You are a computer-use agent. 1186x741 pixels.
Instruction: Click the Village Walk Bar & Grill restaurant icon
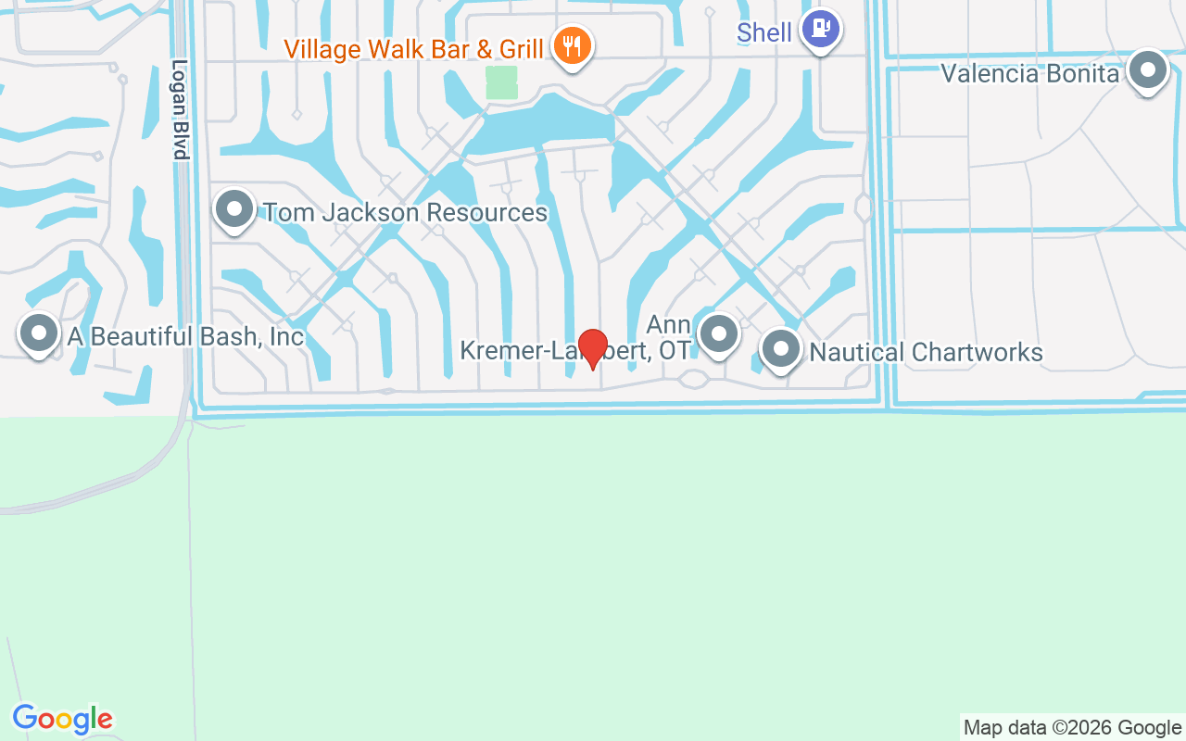573,44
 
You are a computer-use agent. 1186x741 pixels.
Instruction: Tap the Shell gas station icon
820,29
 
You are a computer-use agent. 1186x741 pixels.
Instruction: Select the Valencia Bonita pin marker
1148,69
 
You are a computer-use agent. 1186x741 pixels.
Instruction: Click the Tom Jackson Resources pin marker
234,208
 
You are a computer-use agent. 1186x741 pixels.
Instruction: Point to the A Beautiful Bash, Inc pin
39,332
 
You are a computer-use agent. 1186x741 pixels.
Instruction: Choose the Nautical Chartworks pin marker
780,349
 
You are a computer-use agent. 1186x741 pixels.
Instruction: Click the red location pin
592,347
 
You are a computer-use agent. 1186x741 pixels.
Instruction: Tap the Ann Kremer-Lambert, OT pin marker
718,333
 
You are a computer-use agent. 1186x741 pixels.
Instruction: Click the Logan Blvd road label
180,110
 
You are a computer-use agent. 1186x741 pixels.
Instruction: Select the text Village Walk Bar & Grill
413,48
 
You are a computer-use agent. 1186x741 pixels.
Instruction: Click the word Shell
763,33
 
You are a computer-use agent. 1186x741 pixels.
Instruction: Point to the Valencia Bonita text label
1030,73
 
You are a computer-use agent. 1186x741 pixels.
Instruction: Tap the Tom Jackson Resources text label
406,212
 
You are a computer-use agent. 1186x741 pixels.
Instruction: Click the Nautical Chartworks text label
927,353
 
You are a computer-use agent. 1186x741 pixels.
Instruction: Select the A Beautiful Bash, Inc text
185,336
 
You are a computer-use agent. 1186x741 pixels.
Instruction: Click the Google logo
63,719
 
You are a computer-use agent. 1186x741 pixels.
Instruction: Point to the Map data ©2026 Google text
1072,728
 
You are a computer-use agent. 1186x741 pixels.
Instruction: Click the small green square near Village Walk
501,82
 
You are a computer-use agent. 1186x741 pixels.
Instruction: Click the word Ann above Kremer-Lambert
668,325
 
